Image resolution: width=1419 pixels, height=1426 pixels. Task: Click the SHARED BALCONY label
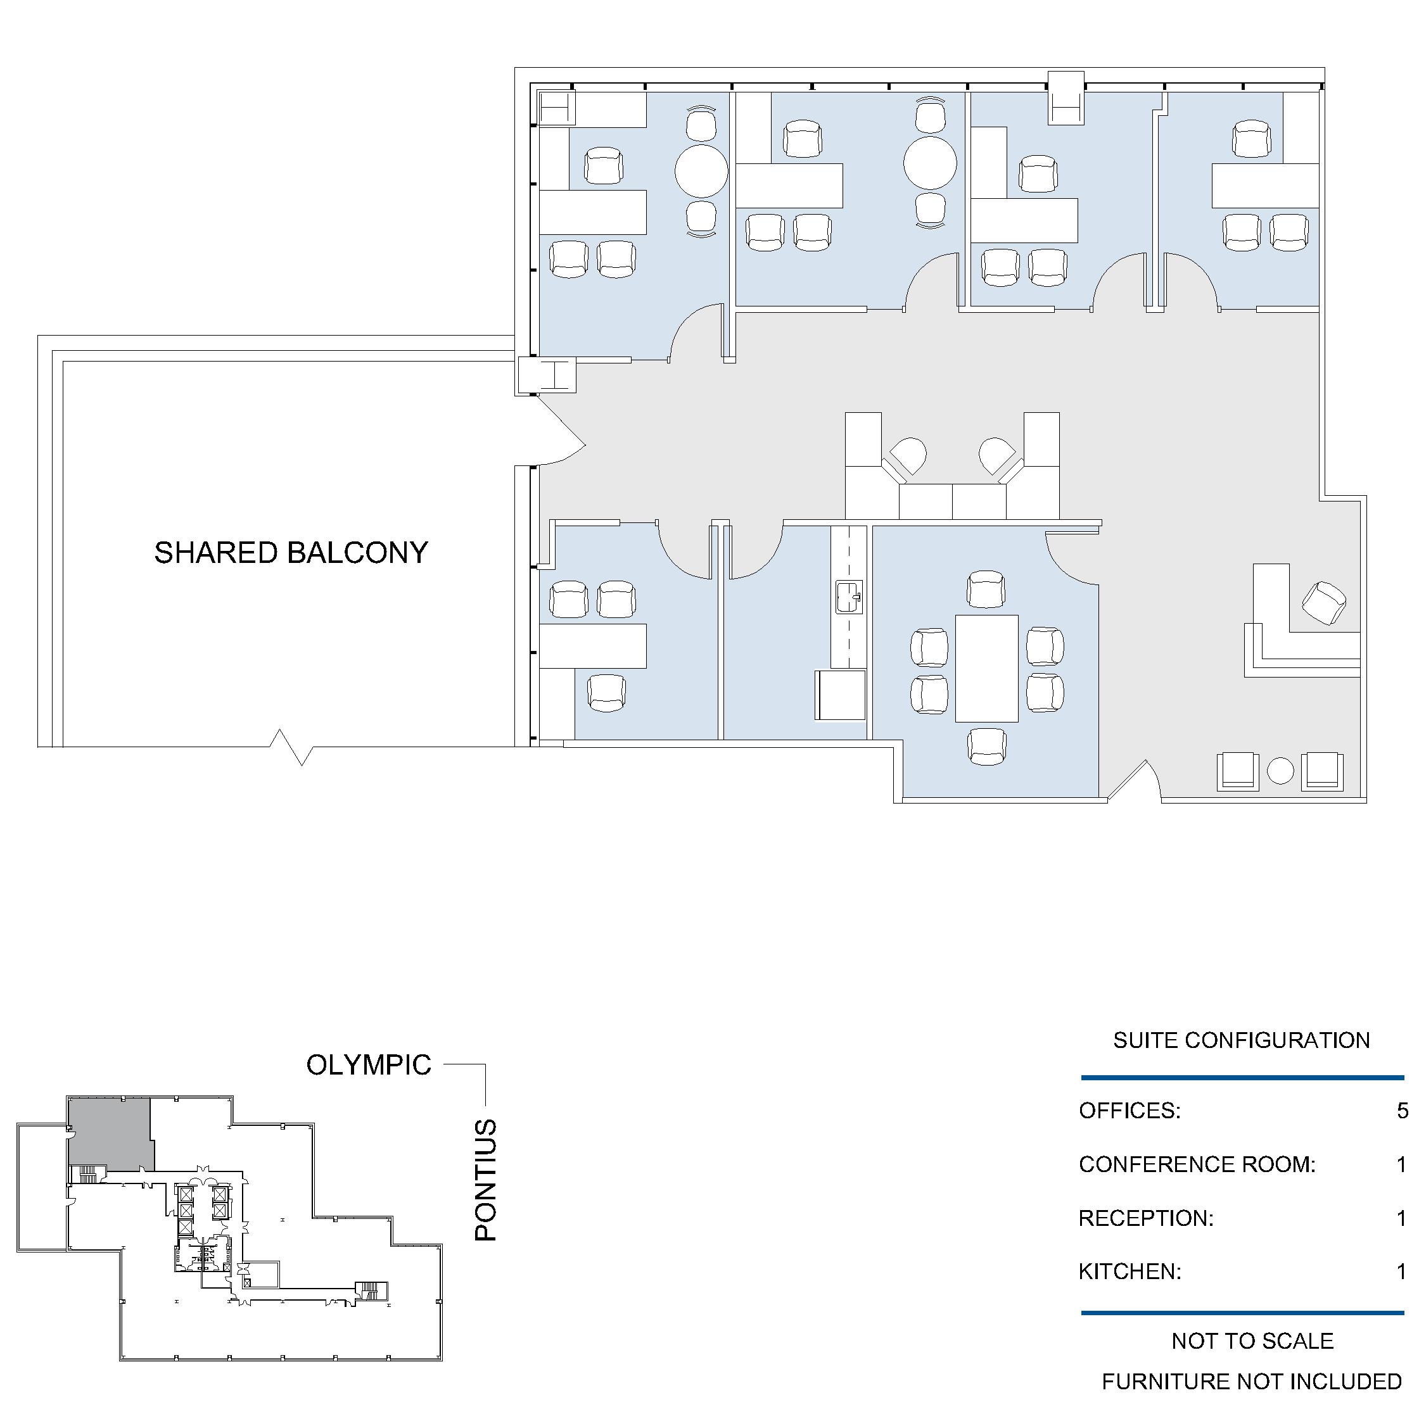tap(291, 553)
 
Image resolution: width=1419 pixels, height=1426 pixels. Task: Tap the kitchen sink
tap(849, 597)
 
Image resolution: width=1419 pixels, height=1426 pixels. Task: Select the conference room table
tap(986, 668)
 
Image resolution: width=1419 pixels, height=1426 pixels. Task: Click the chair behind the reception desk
tap(1324, 603)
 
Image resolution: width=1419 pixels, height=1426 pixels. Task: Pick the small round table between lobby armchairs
tap(1281, 771)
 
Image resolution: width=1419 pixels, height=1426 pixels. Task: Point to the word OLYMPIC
tap(369, 1065)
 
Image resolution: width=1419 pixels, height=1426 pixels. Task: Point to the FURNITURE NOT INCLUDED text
tap(1251, 1381)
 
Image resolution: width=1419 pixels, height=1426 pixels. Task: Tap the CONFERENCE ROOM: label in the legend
tap(1197, 1164)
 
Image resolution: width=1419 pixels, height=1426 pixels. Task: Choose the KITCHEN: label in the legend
tap(1129, 1271)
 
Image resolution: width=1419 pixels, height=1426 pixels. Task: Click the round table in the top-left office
tap(701, 171)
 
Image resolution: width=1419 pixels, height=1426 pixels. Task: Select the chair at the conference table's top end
tap(986, 589)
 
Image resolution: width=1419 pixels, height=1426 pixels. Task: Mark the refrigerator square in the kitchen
tap(840, 695)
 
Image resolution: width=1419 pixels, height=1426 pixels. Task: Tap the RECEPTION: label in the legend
tap(1146, 1218)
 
